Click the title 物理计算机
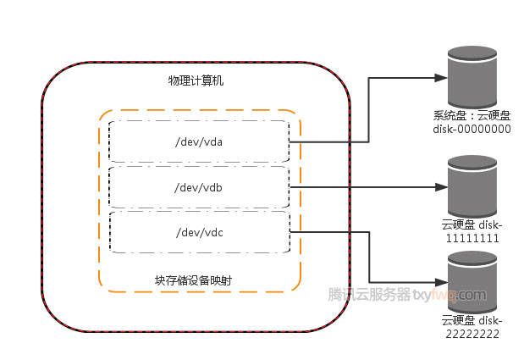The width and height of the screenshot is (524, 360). pos(196,80)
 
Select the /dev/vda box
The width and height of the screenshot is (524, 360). pos(199,141)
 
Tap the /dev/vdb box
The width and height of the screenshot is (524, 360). pos(199,186)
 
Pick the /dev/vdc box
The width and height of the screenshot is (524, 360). pos(199,232)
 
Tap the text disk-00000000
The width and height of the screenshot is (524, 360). pos(472,129)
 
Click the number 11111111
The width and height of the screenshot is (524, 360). pos(471,239)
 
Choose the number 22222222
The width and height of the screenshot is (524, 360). pos(471,335)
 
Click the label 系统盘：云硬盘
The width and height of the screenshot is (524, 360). pos(471,115)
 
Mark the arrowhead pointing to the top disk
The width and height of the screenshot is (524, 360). pos(440,78)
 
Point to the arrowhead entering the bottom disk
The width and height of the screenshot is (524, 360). pos(440,282)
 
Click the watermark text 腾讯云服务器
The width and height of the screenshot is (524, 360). pos(369,295)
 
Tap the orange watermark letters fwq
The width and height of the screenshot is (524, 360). pos(444,295)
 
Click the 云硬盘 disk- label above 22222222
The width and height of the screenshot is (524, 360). pos(472,321)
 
